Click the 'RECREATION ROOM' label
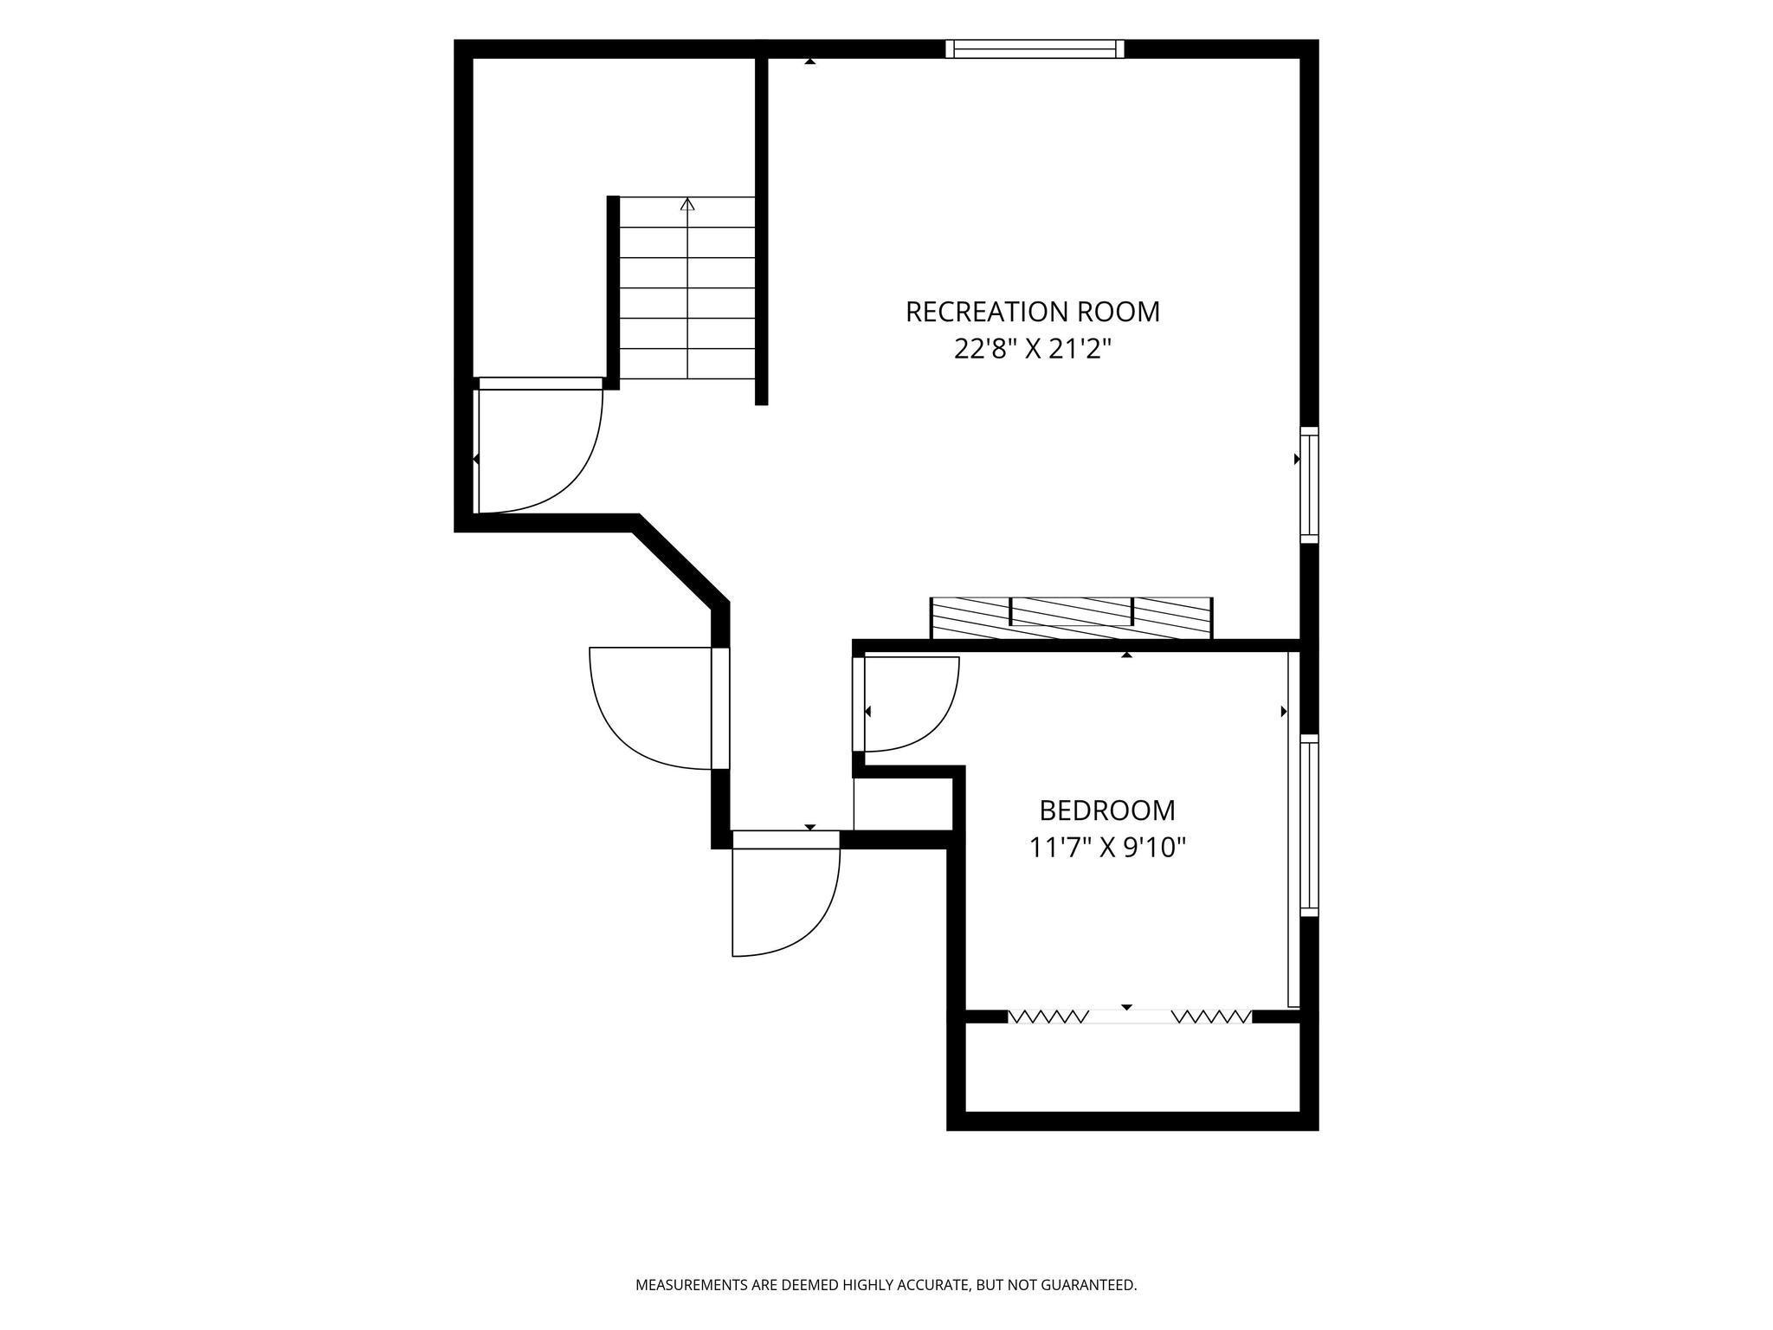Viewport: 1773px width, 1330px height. click(x=1032, y=312)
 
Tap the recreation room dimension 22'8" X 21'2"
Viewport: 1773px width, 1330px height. click(x=1032, y=349)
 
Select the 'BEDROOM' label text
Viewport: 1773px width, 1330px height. click(x=1107, y=810)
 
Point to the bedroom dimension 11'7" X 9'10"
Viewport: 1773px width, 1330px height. click(x=1106, y=847)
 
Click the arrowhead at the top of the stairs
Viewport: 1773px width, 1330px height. click(x=687, y=204)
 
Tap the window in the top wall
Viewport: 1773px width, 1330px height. click(x=1035, y=48)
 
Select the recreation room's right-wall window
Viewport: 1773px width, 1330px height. click(x=1309, y=485)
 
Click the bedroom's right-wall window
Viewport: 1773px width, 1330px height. click(x=1309, y=825)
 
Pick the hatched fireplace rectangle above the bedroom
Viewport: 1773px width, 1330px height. click(x=1071, y=618)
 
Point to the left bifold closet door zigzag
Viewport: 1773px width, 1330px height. click(x=1049, y=1016)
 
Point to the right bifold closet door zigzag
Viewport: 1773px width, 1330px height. click(x=1212, y=1016)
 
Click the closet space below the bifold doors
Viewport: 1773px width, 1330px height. click(x=1132, y=1067)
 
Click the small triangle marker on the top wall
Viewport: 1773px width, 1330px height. click(x=809, y=61)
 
